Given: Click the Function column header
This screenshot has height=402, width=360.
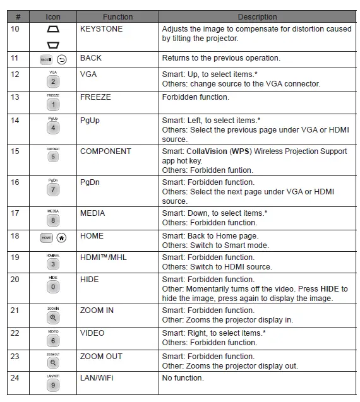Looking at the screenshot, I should click(x=117, y=17).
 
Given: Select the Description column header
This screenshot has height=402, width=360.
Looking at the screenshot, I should click(x=257, y=17).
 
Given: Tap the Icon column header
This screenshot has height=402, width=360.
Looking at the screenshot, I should click(x=53, y=17).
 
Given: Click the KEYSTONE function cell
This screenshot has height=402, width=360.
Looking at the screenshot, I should click(x=101, y=29).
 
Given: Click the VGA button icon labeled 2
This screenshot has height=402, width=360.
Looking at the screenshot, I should click(x=53, y=81).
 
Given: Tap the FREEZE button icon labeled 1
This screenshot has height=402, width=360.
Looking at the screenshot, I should click(x=53, y=105).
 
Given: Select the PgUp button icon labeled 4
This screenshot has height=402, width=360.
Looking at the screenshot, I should click(x=53, y=128).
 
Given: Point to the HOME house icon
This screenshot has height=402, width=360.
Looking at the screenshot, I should click(x=61, y=238).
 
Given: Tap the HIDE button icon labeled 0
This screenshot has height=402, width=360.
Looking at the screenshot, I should click(x=53, y=287).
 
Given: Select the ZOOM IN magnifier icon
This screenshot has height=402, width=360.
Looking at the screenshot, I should click(x=53, y=317).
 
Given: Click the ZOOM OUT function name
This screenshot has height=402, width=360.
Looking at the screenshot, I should click(x=101, y=357).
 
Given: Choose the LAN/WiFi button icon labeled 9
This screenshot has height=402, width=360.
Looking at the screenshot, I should click(x=53, y=385).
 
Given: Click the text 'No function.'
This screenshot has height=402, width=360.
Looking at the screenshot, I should click(x=183, y=378).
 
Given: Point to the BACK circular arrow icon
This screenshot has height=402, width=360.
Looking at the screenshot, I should click(x=61, y=60).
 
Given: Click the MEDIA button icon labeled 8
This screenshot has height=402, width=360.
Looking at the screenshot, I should click(x=53, y=221).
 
